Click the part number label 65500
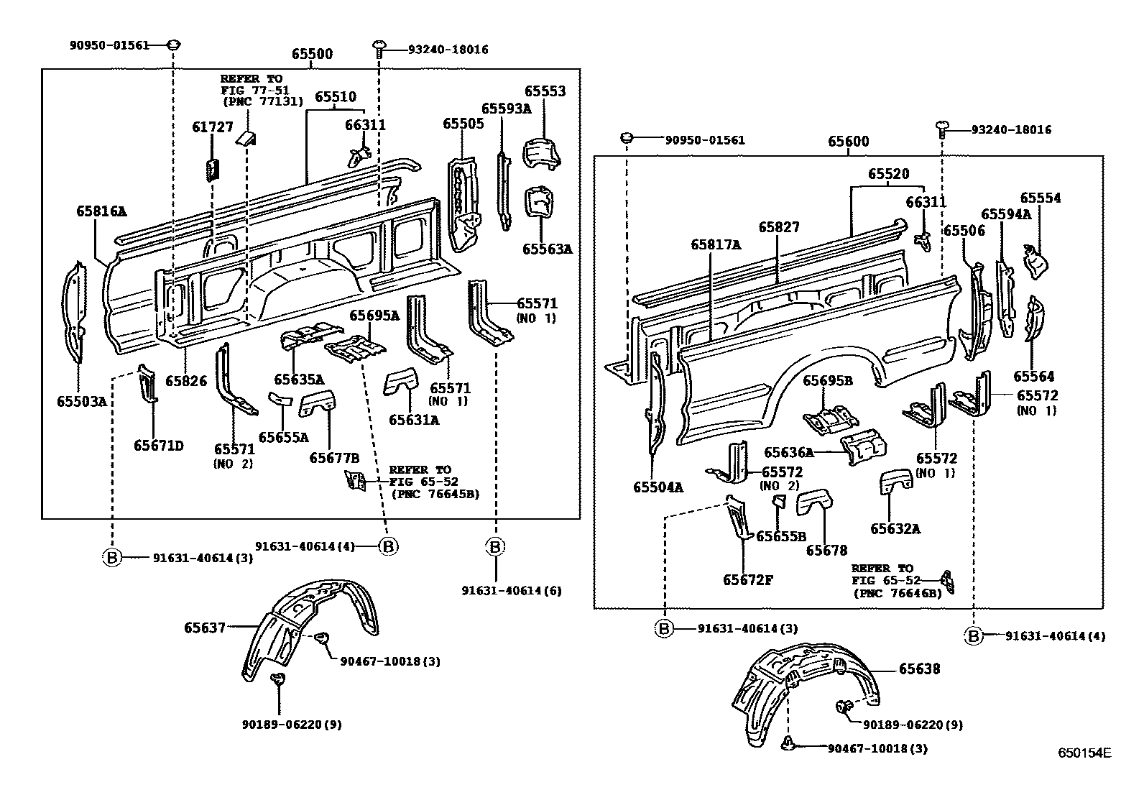(x=312, y=55)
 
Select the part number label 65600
(x=848, y=142)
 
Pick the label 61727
(x=213, y=127)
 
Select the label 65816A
(x=101, y=211)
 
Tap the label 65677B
(x=334, y=457)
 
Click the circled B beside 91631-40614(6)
(x=494, y=547)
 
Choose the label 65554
(x=1040, y=198)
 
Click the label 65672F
(x=748, y=579)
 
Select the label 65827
(x=779, y=227)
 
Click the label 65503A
(x=82, y=401)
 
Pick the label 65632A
(x=895, y=529)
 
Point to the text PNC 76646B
(x=897, y=594)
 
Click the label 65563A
(x=547, y=249)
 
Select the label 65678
(x=826, y=551)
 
